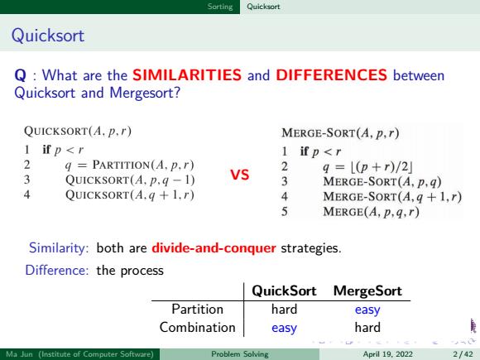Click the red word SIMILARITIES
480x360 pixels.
pyautogui.click(x=187, y=75)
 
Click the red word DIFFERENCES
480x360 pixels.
pyautogui.click(x=332, y=75)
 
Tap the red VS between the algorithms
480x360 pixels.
pyautogui.click(x=240, y=175)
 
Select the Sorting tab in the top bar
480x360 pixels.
pyautogui.click(x=220, y=7)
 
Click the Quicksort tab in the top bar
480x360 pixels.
pyautogui.click(x=263, y=7)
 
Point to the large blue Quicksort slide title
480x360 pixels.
pyautogui.click(x=48, y=36)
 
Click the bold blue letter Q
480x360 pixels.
pyautogui.click(x=20, y=75)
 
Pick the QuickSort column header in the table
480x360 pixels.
pyautogui.click(x=284, y=290)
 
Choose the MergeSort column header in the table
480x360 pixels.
pyautogui.click(x=367, y=290)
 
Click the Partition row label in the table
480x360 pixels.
pyautogui.click(x=198, y=309)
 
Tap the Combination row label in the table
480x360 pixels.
pyautogui.click(x=198, y=327)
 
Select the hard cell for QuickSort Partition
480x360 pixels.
pyautogui.click(x=284, y=309)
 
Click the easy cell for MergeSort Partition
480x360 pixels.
pyautogui.click(x=367, y=310)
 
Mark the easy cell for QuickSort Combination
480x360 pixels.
pyautogui.click(x=284, y=329)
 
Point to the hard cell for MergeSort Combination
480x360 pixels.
pyautogui.click(x=367, y=327)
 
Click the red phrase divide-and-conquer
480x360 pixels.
pyautogui.click(x=214, y=248)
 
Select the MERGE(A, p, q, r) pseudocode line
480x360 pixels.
pyautogui.click(x=371, y=212)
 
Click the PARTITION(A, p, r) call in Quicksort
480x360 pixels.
pyautogui.click(x=143, y=166)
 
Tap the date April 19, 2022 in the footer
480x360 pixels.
pyautogui.click(x=388, y=354)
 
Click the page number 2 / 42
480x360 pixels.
pyautogui.click(x=463, y=354)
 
